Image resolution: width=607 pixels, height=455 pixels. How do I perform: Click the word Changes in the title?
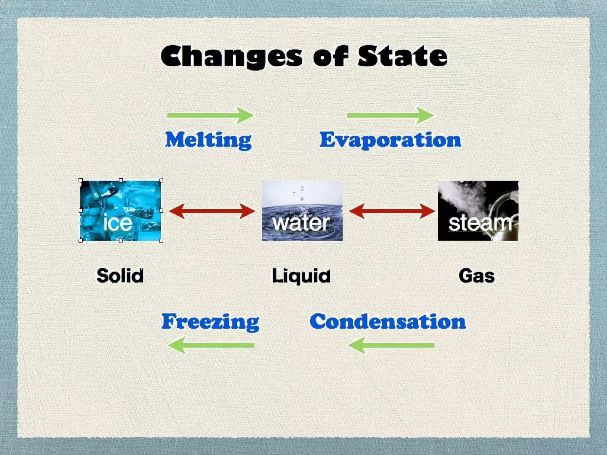[x=231, y=56]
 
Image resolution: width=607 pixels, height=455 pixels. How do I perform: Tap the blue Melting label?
[x=208, y=140]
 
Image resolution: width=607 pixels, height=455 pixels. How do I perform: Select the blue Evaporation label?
[x=390, y=140]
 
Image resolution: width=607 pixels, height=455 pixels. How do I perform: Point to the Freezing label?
[x=210, y=322]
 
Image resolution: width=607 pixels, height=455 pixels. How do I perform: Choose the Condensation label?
[x=388, y=322]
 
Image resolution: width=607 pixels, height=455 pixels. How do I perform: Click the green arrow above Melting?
[x=210, y=115]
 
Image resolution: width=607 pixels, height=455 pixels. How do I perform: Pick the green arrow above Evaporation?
[x=390, y=115]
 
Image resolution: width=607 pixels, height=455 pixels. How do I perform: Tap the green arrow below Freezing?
[x=211, y=345]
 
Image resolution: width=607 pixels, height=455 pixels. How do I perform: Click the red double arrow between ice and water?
[x=212, y=211]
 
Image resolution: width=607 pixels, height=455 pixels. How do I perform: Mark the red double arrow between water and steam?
[x=392, y=211]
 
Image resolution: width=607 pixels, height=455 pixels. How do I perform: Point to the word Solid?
[x=120, y=275]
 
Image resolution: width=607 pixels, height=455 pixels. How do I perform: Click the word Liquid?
[x=301, y=275]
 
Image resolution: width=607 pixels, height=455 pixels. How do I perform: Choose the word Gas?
[x=477, y=275]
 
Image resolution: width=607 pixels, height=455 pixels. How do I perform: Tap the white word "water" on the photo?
[x=301, y=223]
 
